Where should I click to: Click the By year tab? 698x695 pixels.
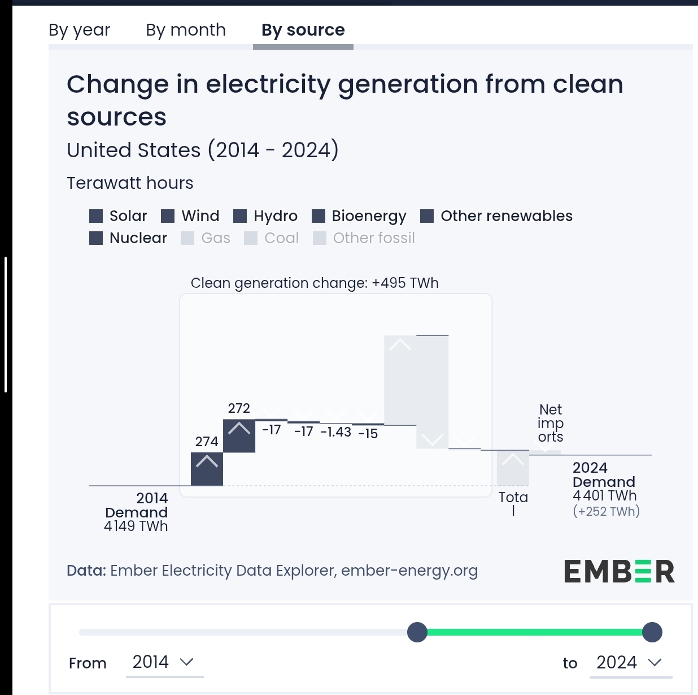79,30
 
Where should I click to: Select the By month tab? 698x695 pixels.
185,30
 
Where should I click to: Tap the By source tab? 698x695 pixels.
303,30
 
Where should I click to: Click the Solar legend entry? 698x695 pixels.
119,216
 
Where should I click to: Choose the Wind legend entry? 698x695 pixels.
190,216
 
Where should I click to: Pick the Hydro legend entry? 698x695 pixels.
265,216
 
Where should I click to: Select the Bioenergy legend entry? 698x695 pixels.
359,216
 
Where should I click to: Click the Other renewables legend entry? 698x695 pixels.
496,216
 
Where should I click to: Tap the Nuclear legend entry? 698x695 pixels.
128,238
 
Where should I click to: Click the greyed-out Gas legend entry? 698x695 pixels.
206,238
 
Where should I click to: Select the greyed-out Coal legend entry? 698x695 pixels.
272,238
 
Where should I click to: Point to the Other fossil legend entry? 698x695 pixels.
364,238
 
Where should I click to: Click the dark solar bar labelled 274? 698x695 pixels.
207,469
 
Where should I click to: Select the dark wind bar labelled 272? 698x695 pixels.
239,435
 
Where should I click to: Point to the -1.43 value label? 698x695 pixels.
336,432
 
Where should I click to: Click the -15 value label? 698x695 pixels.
368,434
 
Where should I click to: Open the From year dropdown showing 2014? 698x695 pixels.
164,662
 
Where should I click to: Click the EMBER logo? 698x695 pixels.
619,572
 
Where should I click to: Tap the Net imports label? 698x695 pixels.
551,423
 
